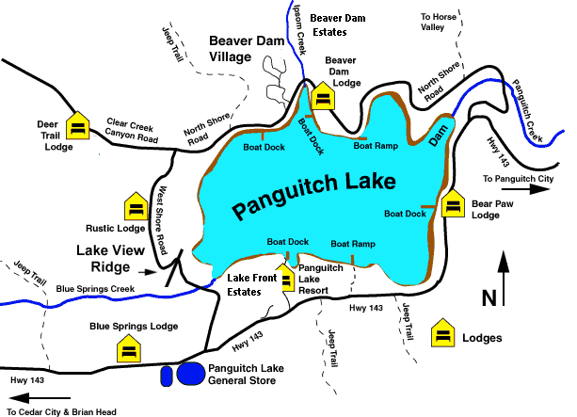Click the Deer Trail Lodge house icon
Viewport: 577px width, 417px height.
tap(78, 125)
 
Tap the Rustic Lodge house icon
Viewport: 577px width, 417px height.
tap(136, 207)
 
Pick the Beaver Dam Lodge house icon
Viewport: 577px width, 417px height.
tap(323, 97)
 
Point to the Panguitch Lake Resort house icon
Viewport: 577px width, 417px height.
tap(287, 278)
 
